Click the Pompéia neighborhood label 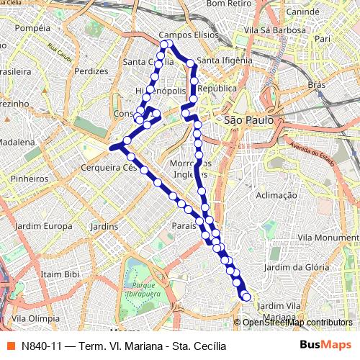pos(32,28)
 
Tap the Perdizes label pos(91,71)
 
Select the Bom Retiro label pos(227,4)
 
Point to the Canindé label pos(302,13)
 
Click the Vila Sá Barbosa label pos(272,30)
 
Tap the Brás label pos(317,84)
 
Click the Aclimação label pos(276,195)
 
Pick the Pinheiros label pos(30,178)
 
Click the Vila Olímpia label pos(35,318)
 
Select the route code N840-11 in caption pos(41,346)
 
